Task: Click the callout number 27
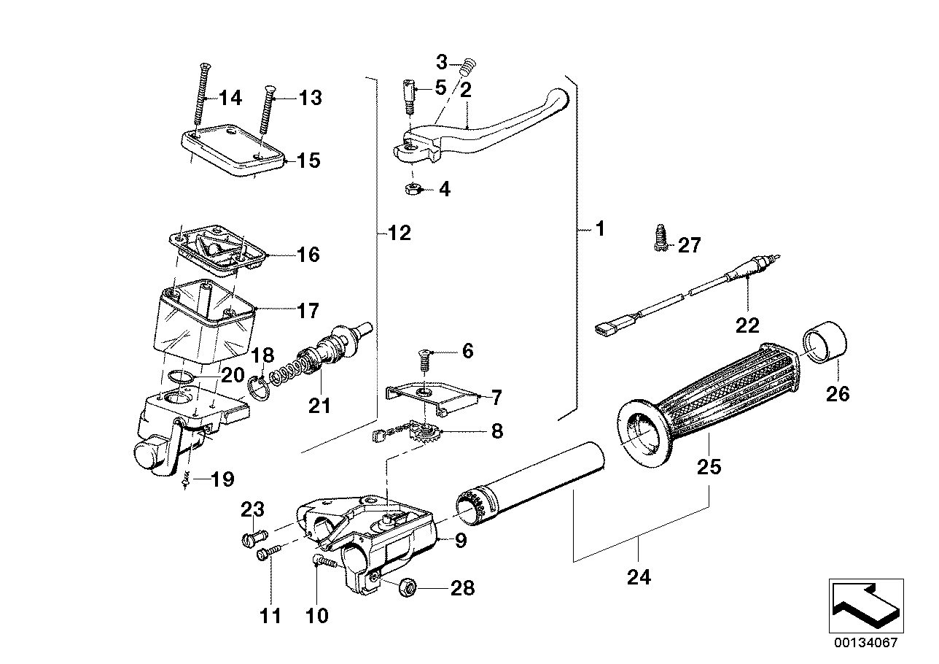(x=689, y=246)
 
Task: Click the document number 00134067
(x=866, y=644)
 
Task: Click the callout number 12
(x=400, y=233)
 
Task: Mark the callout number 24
(x=639, y=578)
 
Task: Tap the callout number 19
(x=222, y=479)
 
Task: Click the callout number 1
(x=600, y=229)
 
